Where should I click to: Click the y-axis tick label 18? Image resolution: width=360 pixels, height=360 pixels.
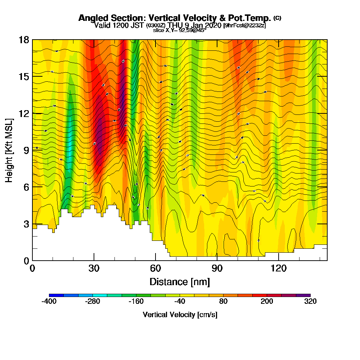tap(24, 40)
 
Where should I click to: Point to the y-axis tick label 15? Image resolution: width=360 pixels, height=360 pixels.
tap(24, 77)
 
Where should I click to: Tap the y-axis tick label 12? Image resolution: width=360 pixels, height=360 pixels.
tap(24, 113)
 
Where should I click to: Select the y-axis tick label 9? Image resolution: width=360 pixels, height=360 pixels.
tap(27, 150)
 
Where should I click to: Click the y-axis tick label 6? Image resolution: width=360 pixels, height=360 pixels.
tap(27, 187)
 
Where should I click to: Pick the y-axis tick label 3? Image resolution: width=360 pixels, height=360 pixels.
tap(27, 224)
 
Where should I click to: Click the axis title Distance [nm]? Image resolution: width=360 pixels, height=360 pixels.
tap(180, 281)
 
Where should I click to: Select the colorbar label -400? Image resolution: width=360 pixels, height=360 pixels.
tap(49, 302)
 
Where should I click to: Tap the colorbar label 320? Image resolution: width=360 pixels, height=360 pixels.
tap(310, 302)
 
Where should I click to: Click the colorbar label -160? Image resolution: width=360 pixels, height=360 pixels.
tap(136, 302)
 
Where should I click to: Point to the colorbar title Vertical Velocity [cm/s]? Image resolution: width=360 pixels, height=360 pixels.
tap(180, 315)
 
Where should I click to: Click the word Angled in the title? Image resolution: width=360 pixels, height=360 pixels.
tap(91, 18)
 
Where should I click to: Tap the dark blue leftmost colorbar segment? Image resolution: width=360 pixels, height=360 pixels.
tap(56, 295)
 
